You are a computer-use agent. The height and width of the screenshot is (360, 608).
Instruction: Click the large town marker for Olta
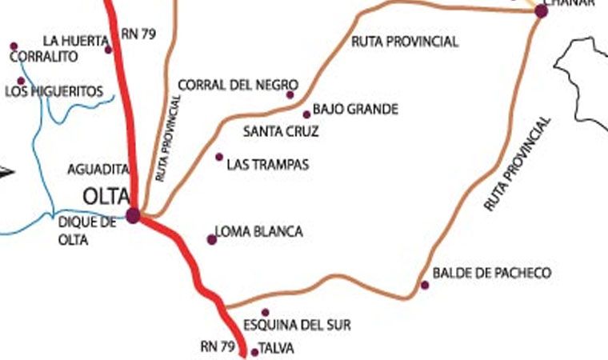point(133,215)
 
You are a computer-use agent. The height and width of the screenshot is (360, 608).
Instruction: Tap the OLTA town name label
point(106,195)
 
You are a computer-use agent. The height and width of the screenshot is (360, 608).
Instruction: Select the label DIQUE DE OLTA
point(87,230)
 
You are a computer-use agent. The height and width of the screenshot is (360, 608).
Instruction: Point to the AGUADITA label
point(98,170)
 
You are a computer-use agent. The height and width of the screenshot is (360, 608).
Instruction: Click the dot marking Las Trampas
point(219,157)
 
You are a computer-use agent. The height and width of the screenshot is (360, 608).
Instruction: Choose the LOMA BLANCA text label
point(259,232)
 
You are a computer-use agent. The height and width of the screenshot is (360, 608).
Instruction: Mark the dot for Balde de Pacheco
point(425,285)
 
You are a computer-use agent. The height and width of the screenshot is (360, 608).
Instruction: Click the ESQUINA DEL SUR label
point(297,326)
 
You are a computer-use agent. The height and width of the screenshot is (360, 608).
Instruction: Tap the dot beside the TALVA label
point(255,352)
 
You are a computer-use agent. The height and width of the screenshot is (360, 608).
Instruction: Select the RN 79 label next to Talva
point(218,346)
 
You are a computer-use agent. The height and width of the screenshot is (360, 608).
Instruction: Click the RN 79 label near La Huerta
point(139,34)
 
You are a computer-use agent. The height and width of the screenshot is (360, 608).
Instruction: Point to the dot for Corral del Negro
point(290,95)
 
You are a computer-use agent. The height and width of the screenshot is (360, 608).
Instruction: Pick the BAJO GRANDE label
point(355,109)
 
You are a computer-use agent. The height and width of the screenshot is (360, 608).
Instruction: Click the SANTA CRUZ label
point(281,131)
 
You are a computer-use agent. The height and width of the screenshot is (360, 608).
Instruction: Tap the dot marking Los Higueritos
point(21,81)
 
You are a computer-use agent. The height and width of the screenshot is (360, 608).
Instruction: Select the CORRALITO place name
point(43,57)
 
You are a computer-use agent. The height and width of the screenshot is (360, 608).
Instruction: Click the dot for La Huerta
point(109,50)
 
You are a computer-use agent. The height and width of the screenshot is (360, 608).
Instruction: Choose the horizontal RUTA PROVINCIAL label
point(405,42)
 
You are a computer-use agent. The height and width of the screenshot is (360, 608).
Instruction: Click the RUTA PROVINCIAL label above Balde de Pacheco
point(518,164)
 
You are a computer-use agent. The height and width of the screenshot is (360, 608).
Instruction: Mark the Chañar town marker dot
point(541,11)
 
